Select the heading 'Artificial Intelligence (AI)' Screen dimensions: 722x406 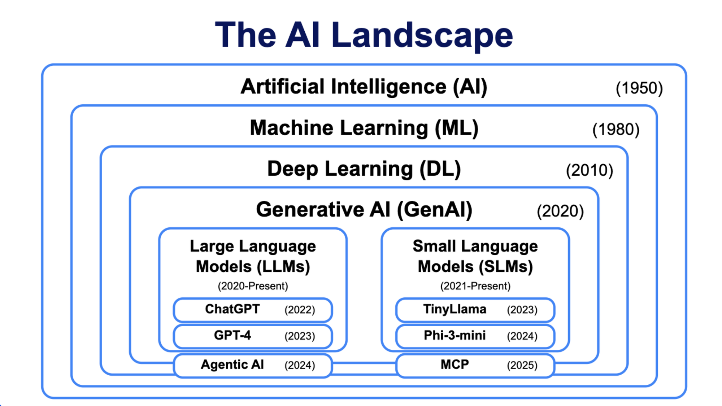[364, 87]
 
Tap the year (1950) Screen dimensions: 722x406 [639, 88]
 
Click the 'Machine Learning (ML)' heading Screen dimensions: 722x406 [364, 128]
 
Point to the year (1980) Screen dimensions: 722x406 [616, 129]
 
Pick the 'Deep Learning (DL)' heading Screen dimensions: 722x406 [364, 169]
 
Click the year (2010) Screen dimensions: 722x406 [590, 170]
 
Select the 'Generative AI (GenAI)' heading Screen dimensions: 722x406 [364, 210]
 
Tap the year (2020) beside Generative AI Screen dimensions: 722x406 [560, 211]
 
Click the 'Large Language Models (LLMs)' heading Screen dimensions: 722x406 [253, 257]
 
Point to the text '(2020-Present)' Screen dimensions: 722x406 [253, 286]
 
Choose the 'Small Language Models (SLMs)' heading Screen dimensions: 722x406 [475, 257]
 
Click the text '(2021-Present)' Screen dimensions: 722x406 [475, 286]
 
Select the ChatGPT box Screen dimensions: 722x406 [253, 310]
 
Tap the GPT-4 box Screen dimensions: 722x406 [253, 336]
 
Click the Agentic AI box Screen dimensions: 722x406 [253, 365]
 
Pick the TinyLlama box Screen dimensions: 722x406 [475, 310]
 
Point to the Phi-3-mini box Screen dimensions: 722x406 [475, 336]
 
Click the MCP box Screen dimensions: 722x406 [475, 365]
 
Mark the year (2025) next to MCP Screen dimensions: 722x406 [522, 366]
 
